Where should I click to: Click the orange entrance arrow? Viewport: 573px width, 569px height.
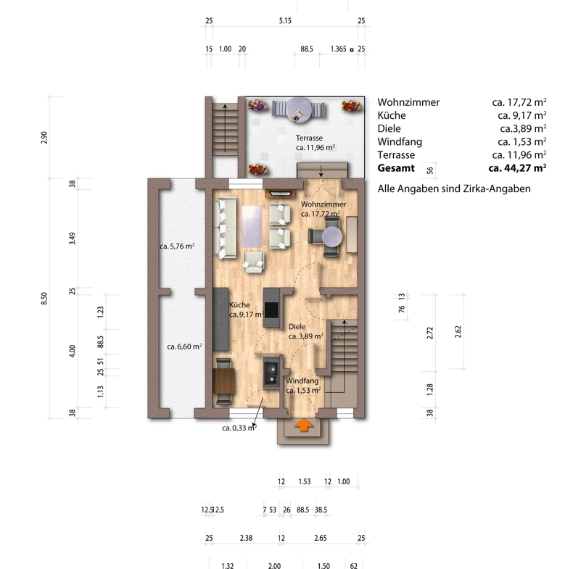304,425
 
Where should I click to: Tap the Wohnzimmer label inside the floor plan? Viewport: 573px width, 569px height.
323,204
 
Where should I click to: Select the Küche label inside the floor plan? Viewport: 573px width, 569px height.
240,305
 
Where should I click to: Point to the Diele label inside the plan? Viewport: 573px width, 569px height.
297,327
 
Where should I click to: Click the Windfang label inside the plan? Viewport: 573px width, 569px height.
302,381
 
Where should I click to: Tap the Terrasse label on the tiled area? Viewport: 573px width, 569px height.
309,138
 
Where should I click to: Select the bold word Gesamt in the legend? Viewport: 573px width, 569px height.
396,168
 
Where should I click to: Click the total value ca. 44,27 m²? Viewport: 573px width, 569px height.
517,168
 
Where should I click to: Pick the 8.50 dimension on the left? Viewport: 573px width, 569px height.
44,299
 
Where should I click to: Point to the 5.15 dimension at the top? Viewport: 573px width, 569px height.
285,21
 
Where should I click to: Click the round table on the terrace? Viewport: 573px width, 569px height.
300,109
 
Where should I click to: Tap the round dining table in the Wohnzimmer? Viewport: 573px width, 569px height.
331,236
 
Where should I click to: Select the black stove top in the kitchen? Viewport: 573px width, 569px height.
271,310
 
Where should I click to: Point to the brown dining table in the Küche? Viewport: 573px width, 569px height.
223,381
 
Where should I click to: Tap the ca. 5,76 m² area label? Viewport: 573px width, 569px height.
177,246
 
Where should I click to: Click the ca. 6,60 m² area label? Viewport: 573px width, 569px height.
184,346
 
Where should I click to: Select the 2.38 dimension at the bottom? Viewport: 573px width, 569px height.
246,538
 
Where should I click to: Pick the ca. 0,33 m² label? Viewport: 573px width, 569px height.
239,428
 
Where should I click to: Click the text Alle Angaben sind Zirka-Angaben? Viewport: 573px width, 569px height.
454,188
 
